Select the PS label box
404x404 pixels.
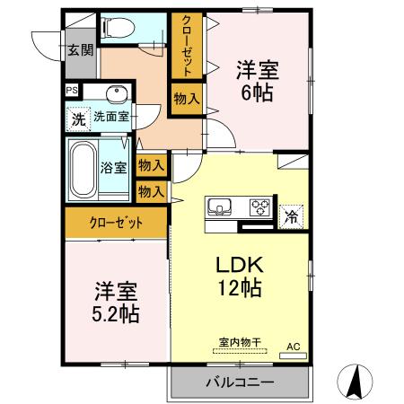point(71,90)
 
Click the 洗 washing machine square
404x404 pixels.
point(78,116)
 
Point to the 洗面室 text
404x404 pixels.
point(111,116)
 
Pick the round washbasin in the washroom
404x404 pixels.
point(114,94)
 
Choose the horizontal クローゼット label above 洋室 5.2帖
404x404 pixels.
point(115,223)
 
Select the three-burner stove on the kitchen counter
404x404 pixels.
point(259,207)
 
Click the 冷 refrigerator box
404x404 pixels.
point(292,215)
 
